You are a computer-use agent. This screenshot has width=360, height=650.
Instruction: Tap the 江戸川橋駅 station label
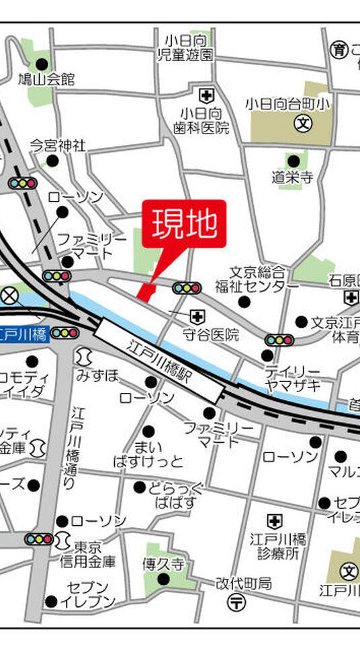coord(159,360)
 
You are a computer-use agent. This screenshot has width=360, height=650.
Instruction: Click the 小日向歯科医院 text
coord(201,120)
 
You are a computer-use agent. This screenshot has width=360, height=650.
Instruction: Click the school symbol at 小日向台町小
coord(304,124)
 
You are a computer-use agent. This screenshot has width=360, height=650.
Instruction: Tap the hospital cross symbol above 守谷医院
coord(197,315)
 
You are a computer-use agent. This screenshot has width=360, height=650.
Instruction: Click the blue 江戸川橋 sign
coord(24,333)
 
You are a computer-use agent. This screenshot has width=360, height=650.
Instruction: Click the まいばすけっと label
coord(148,454)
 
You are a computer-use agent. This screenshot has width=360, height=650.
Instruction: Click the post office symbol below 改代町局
coord(237,603)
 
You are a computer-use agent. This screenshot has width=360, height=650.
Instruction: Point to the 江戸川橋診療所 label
coord(277,545)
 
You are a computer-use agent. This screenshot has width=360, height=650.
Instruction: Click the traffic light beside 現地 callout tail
coord(187,288)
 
